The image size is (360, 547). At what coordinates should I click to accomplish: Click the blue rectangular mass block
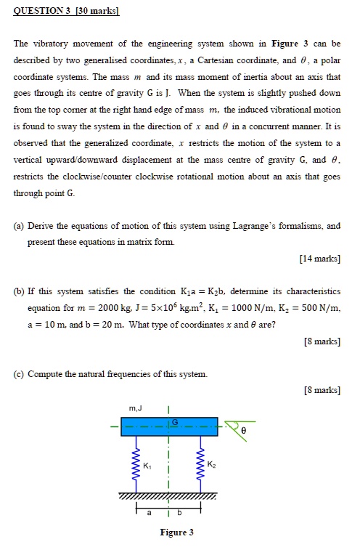click(x=172, y=427)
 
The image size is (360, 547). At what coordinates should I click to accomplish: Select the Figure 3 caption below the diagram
click(x=176, y=532)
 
